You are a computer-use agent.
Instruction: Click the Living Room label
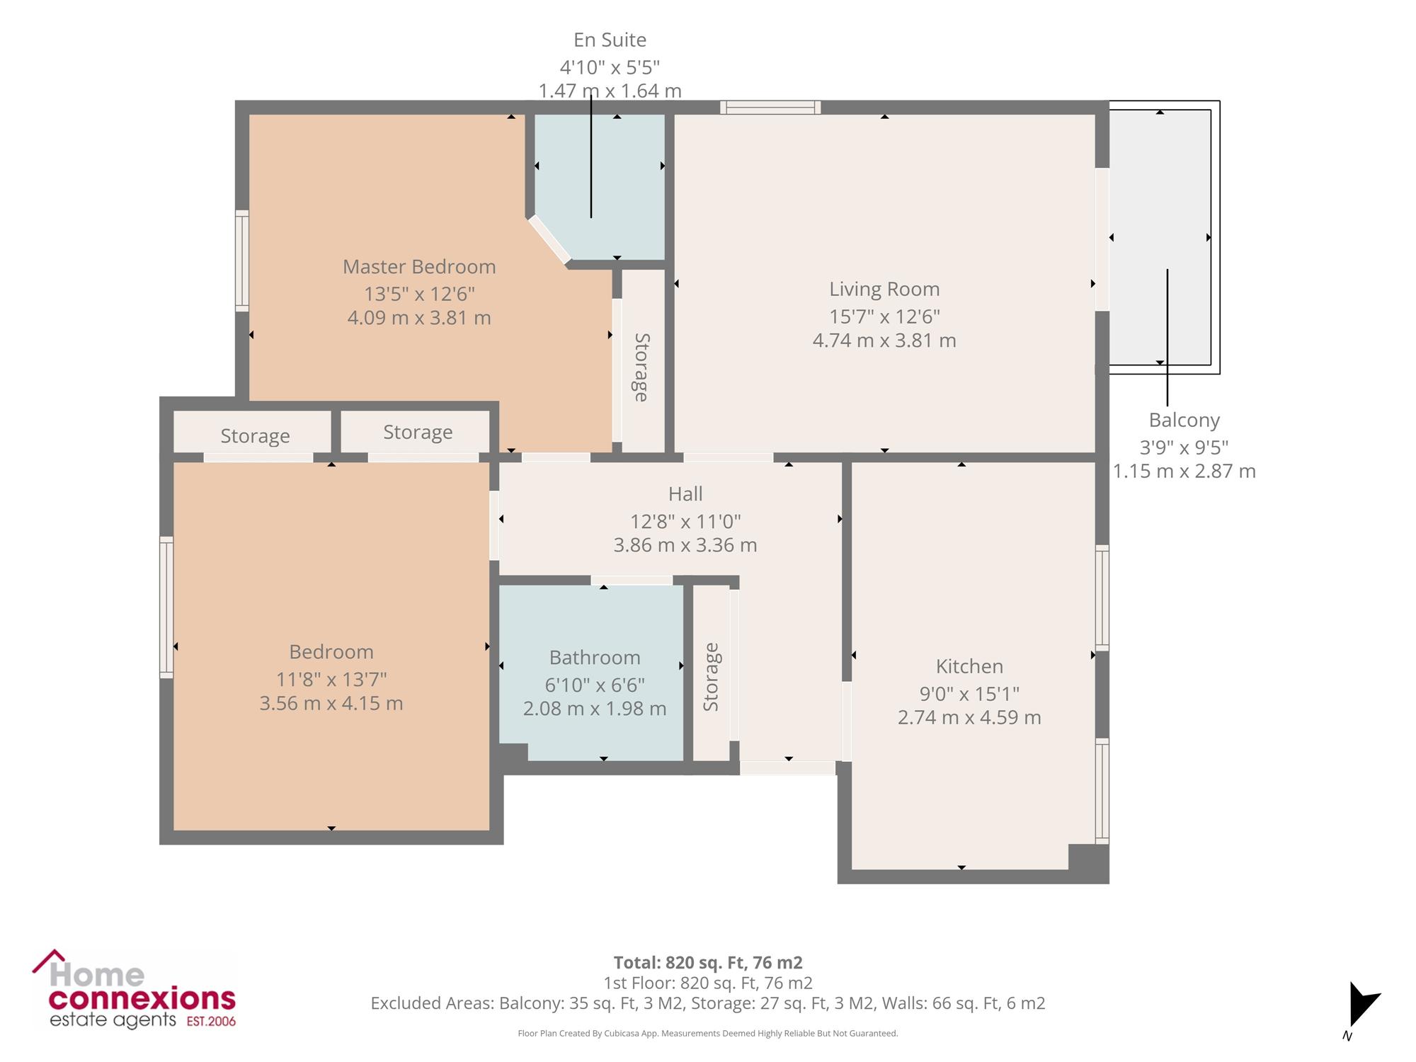[x=884, y=289]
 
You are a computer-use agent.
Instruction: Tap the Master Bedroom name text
[x=419, y=267]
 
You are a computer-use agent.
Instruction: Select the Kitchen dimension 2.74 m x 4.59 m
[x=969, y=717]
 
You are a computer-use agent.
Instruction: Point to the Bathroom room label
[x=595, y=658]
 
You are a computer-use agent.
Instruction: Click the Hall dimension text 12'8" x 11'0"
[x=685, y=522]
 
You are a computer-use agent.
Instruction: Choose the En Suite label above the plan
[x=610, y=40]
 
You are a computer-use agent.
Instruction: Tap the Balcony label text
[x=1184, y=421]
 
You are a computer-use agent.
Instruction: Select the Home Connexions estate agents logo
[x=134, y=989]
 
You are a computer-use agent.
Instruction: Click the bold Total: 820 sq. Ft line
[x=708, y=963]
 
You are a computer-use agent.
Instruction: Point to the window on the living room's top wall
[x=770, y=108]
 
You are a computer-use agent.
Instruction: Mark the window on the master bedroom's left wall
[x=242, y=261]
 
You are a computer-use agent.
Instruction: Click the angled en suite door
[x=549, y=240]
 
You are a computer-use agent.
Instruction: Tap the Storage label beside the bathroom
[x=711, y=678]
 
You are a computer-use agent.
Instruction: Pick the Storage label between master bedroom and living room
[x=641, y=367]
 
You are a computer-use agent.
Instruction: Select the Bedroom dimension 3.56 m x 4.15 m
[x=331, y=704]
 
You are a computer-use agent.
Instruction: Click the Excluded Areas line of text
[x=708, y=1003]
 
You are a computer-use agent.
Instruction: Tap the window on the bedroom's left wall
[x=166, y=607]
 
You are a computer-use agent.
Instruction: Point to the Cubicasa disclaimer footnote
[x=708, y=1034]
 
